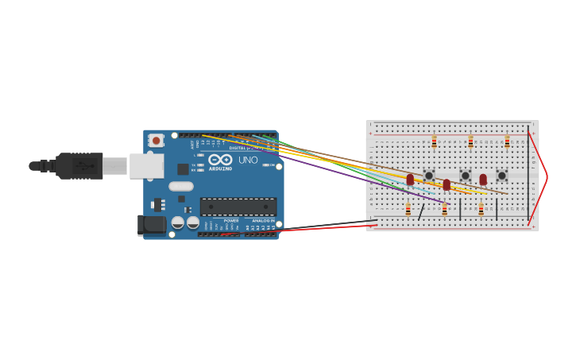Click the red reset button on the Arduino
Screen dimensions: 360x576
tap(157, 141)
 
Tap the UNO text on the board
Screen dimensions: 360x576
tap(248, 161)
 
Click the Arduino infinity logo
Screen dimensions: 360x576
tap(220, 160)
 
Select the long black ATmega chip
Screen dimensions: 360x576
tap(238, 207)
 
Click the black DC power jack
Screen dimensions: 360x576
tap(151, 225)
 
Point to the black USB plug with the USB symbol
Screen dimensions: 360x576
tap(79, 166)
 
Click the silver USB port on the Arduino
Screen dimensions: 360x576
tap(145, 166)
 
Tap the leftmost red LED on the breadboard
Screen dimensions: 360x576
tap(410, 180)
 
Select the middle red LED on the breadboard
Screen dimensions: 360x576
tap(446, 184)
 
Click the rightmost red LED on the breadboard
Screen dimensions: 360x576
tap(483, 180)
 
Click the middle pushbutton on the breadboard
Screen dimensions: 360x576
tap(466, 176)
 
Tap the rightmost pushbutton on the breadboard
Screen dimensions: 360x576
tap(502, 176)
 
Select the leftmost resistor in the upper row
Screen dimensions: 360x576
tap(434, 141)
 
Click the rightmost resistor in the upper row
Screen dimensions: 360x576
tap(507, 141)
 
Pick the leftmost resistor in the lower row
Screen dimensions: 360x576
tap(408, 209)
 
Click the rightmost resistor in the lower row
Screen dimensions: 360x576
tap(481, 209)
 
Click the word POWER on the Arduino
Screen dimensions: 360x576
tap(230, 220)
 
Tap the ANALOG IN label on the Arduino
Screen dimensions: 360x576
tap(263, 220)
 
